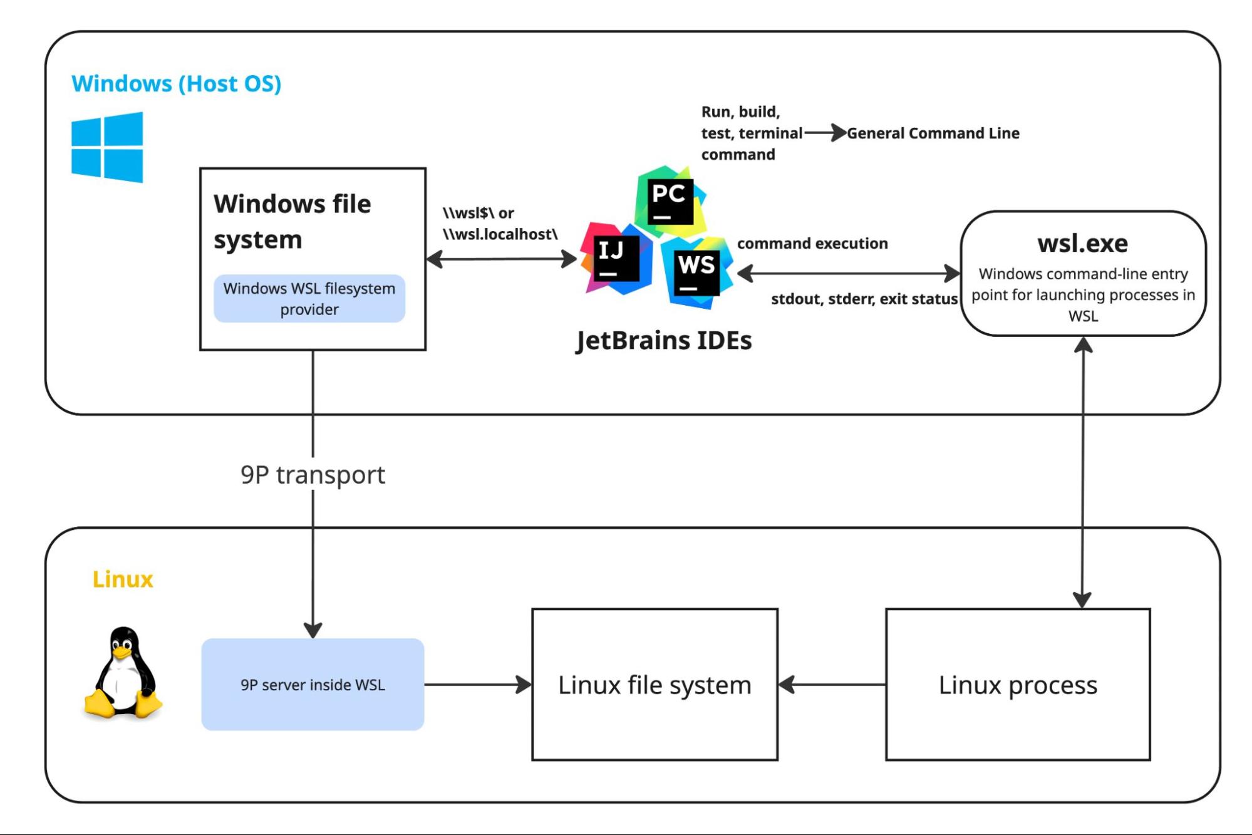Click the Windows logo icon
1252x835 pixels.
(x=107, y=147)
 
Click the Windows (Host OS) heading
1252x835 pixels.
(x=177, y=83)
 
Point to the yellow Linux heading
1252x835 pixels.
(x=123, y=579)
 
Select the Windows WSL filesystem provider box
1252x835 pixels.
(x=309, y=299)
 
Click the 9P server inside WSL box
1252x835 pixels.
(x=313, y=684)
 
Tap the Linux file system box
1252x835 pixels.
(x=655, y=685)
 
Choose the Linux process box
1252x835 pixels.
(x=1018, y=685)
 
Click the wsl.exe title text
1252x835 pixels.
(x=1083, y=243)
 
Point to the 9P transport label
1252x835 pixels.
(x=313, y=475)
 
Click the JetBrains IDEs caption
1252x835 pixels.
(x=664, y=340)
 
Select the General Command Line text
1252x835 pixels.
(x=933, y=133)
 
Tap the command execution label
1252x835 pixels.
(x=812, y=243)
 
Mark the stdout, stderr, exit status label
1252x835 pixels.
(x=864, y=299)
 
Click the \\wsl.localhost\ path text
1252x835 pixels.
(x=500, y=234)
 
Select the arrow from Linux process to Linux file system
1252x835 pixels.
(x=832, y=685)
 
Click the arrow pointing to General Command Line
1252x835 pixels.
(x=825, y=133)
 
